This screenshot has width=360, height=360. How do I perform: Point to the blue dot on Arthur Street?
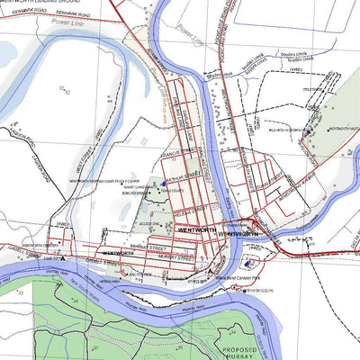click(x=164, y=179)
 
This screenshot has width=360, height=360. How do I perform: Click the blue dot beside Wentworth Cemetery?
click(x=309, y=131)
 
